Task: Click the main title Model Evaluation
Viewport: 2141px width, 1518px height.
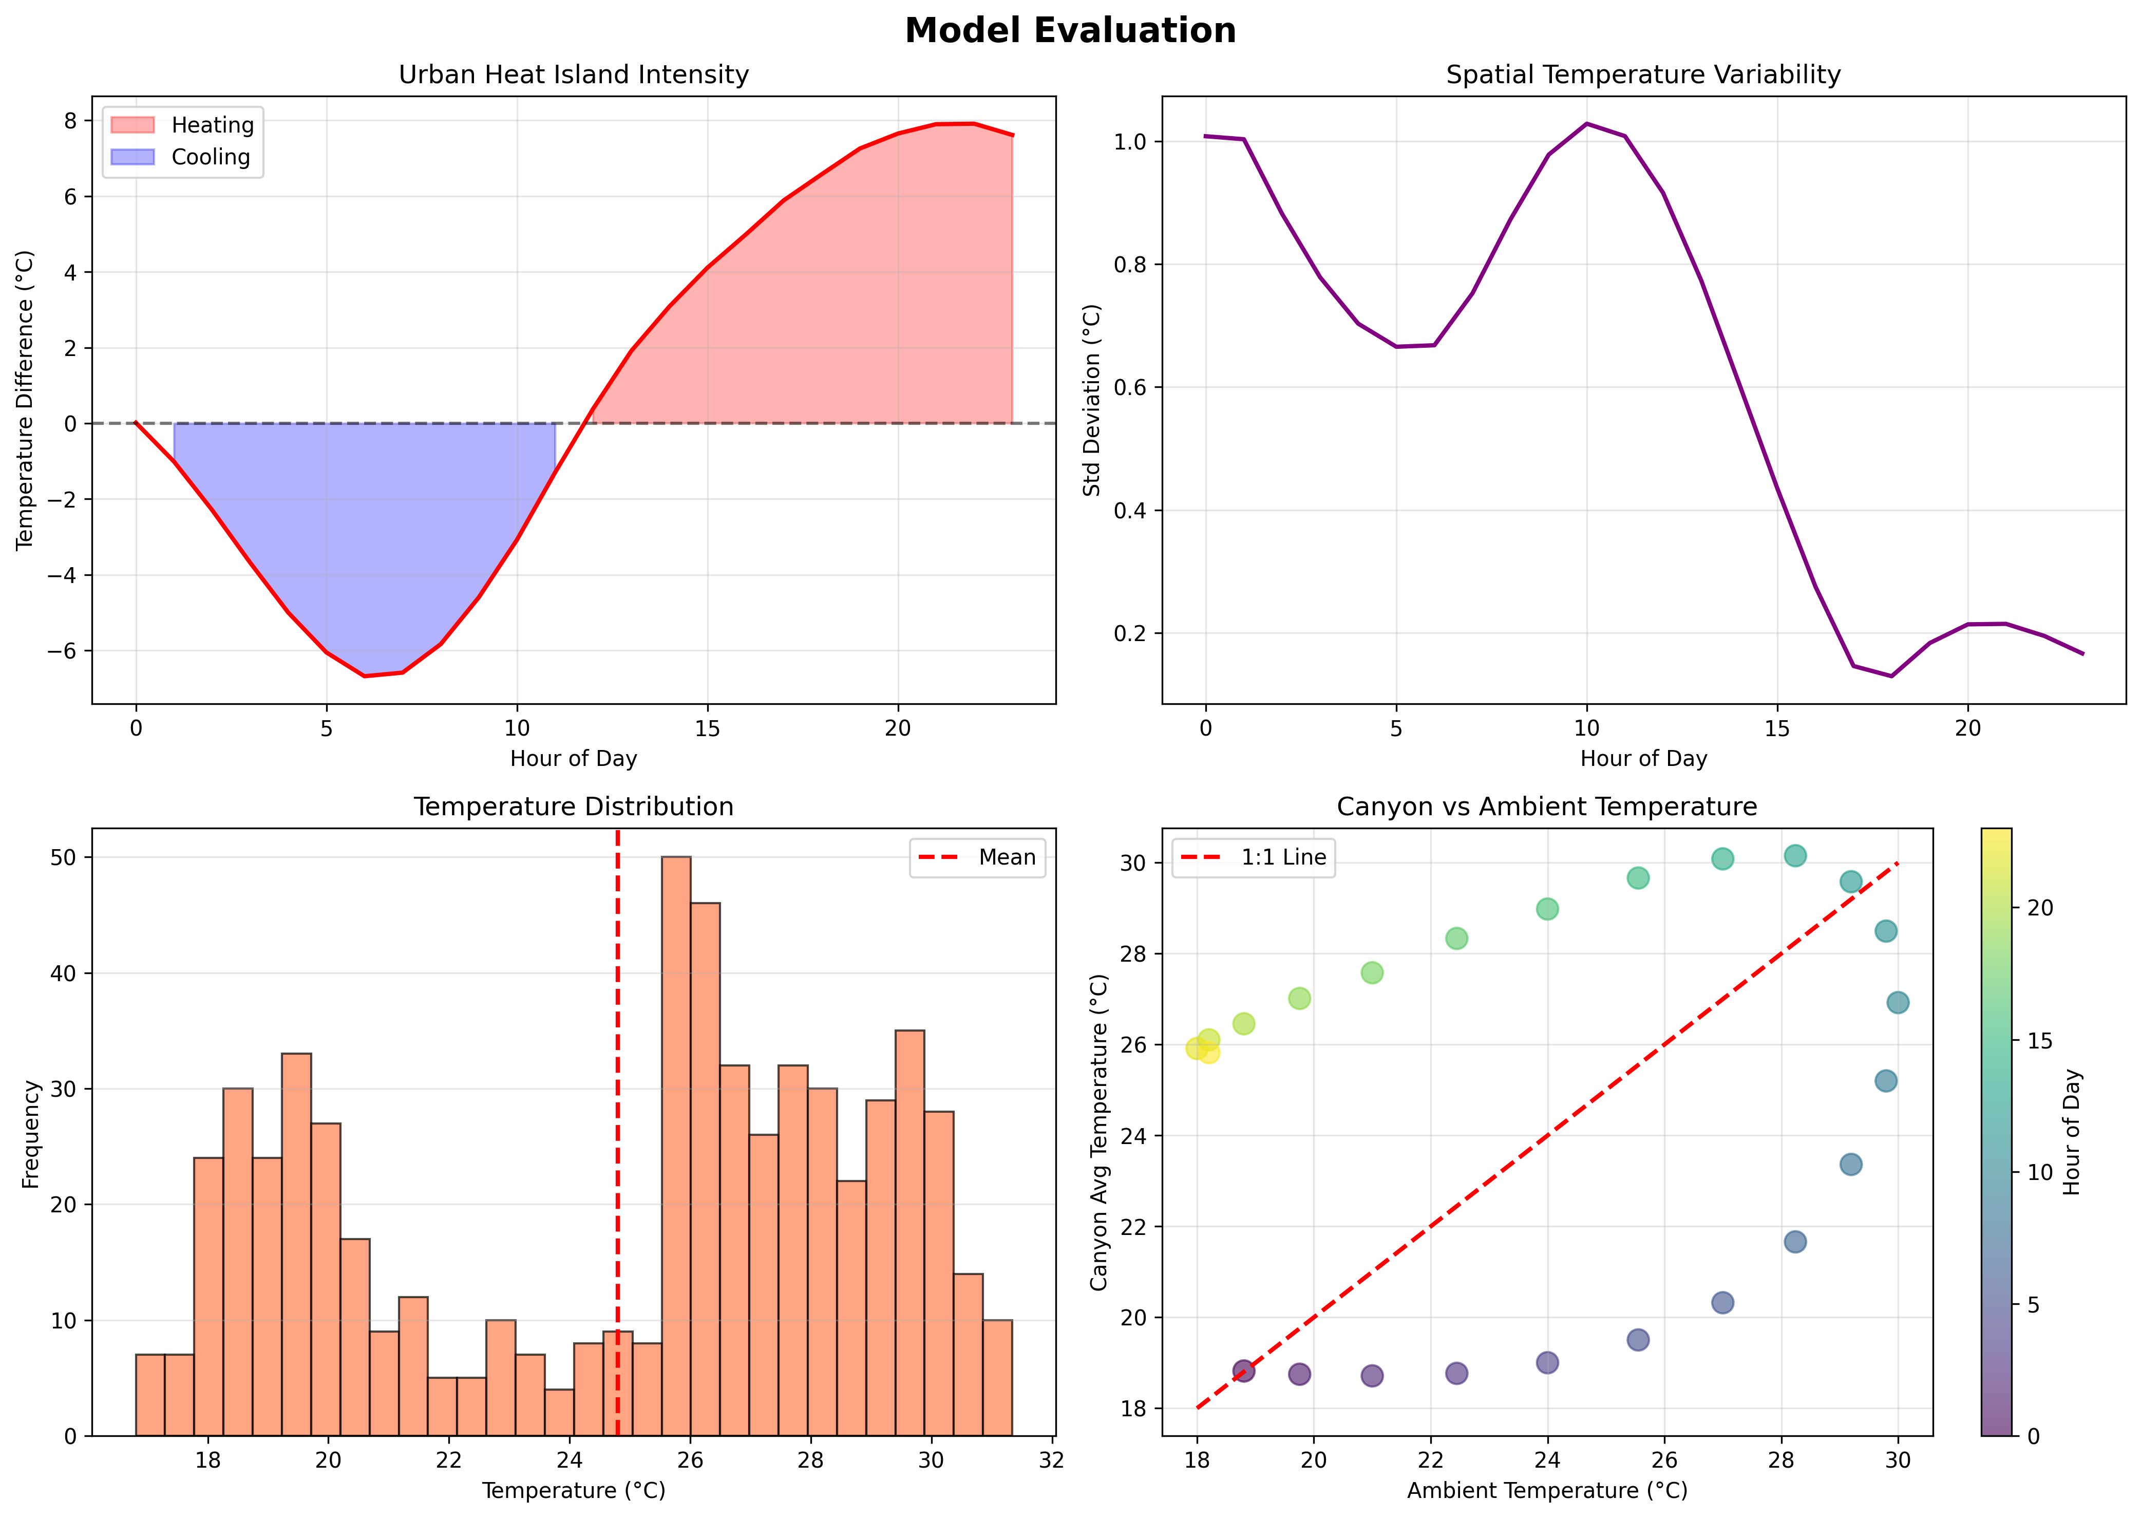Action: click(1070, 31)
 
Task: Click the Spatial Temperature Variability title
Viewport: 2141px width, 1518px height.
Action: click(1643, 75)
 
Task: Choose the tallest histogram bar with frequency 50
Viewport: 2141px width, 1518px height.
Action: click(676, 1145)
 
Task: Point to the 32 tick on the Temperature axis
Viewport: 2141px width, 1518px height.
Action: click(1051, 1460)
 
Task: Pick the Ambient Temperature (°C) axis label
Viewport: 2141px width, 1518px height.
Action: click(1547, 1490)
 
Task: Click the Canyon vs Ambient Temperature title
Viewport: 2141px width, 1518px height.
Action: click(1547, 807)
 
